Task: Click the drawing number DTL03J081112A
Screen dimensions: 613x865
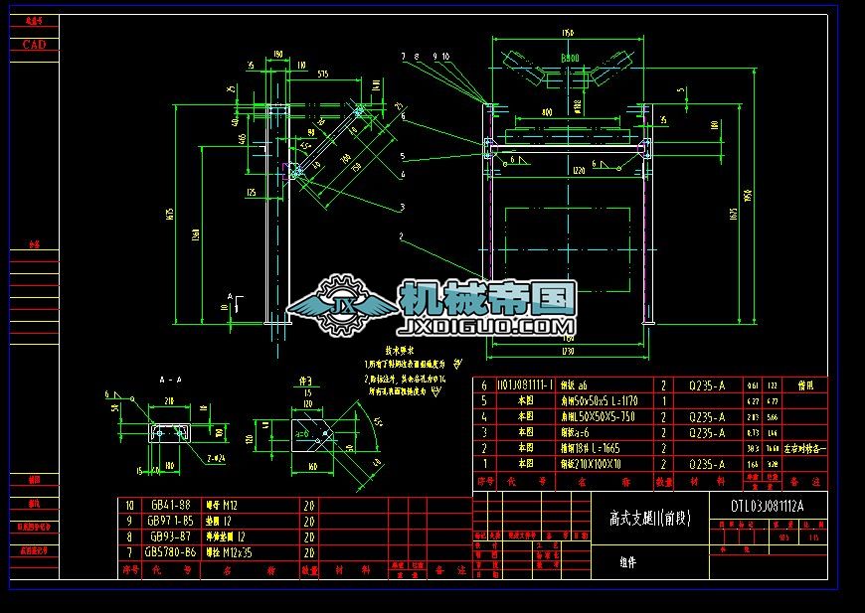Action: [x=767, y=506]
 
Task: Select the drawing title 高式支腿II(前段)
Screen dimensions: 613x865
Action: [x=649, y=518]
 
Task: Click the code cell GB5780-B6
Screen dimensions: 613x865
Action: [x=170, y=552]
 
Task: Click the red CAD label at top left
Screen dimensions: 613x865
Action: [x=34, y=45]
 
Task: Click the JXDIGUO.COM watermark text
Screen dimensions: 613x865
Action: [x=486, y=326]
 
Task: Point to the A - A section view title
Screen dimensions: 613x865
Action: [x=170, y=380]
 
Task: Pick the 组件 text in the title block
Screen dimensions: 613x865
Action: [x=627, y=562]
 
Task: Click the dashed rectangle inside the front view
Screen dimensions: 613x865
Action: [x=567, y=239]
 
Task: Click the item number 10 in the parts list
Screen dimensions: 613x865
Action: [x=128, y=505]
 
